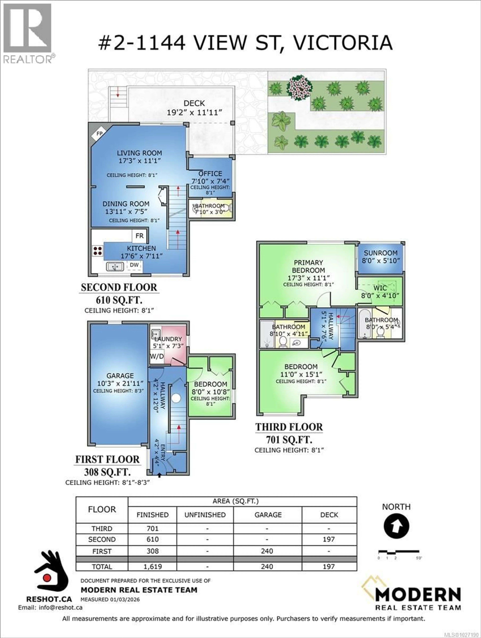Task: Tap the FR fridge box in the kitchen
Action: (140, 236)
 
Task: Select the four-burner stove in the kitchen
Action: (97, 251)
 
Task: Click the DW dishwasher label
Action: (134, 265)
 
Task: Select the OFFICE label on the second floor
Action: (210, 174)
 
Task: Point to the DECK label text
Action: (194, 103)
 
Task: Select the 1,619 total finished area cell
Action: (153, 566)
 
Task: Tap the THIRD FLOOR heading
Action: (289, 427)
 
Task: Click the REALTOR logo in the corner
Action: (28, 33)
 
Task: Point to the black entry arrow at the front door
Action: (159, 475)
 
